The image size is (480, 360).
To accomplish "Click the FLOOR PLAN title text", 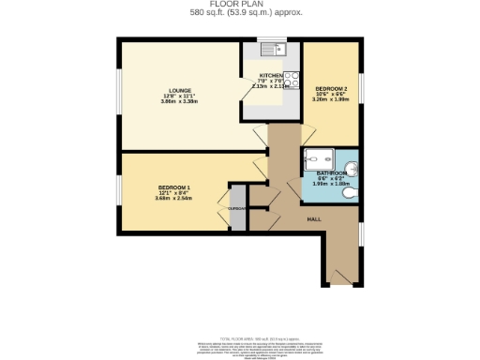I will pos(240,4).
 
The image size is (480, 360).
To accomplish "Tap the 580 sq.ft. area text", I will pos(240,13).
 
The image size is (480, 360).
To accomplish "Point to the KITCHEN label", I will pos(271,74).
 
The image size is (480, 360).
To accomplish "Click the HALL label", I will pos(314,217).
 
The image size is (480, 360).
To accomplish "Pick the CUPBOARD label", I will pos(237,207).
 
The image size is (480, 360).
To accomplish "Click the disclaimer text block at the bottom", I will pos(240,348).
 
